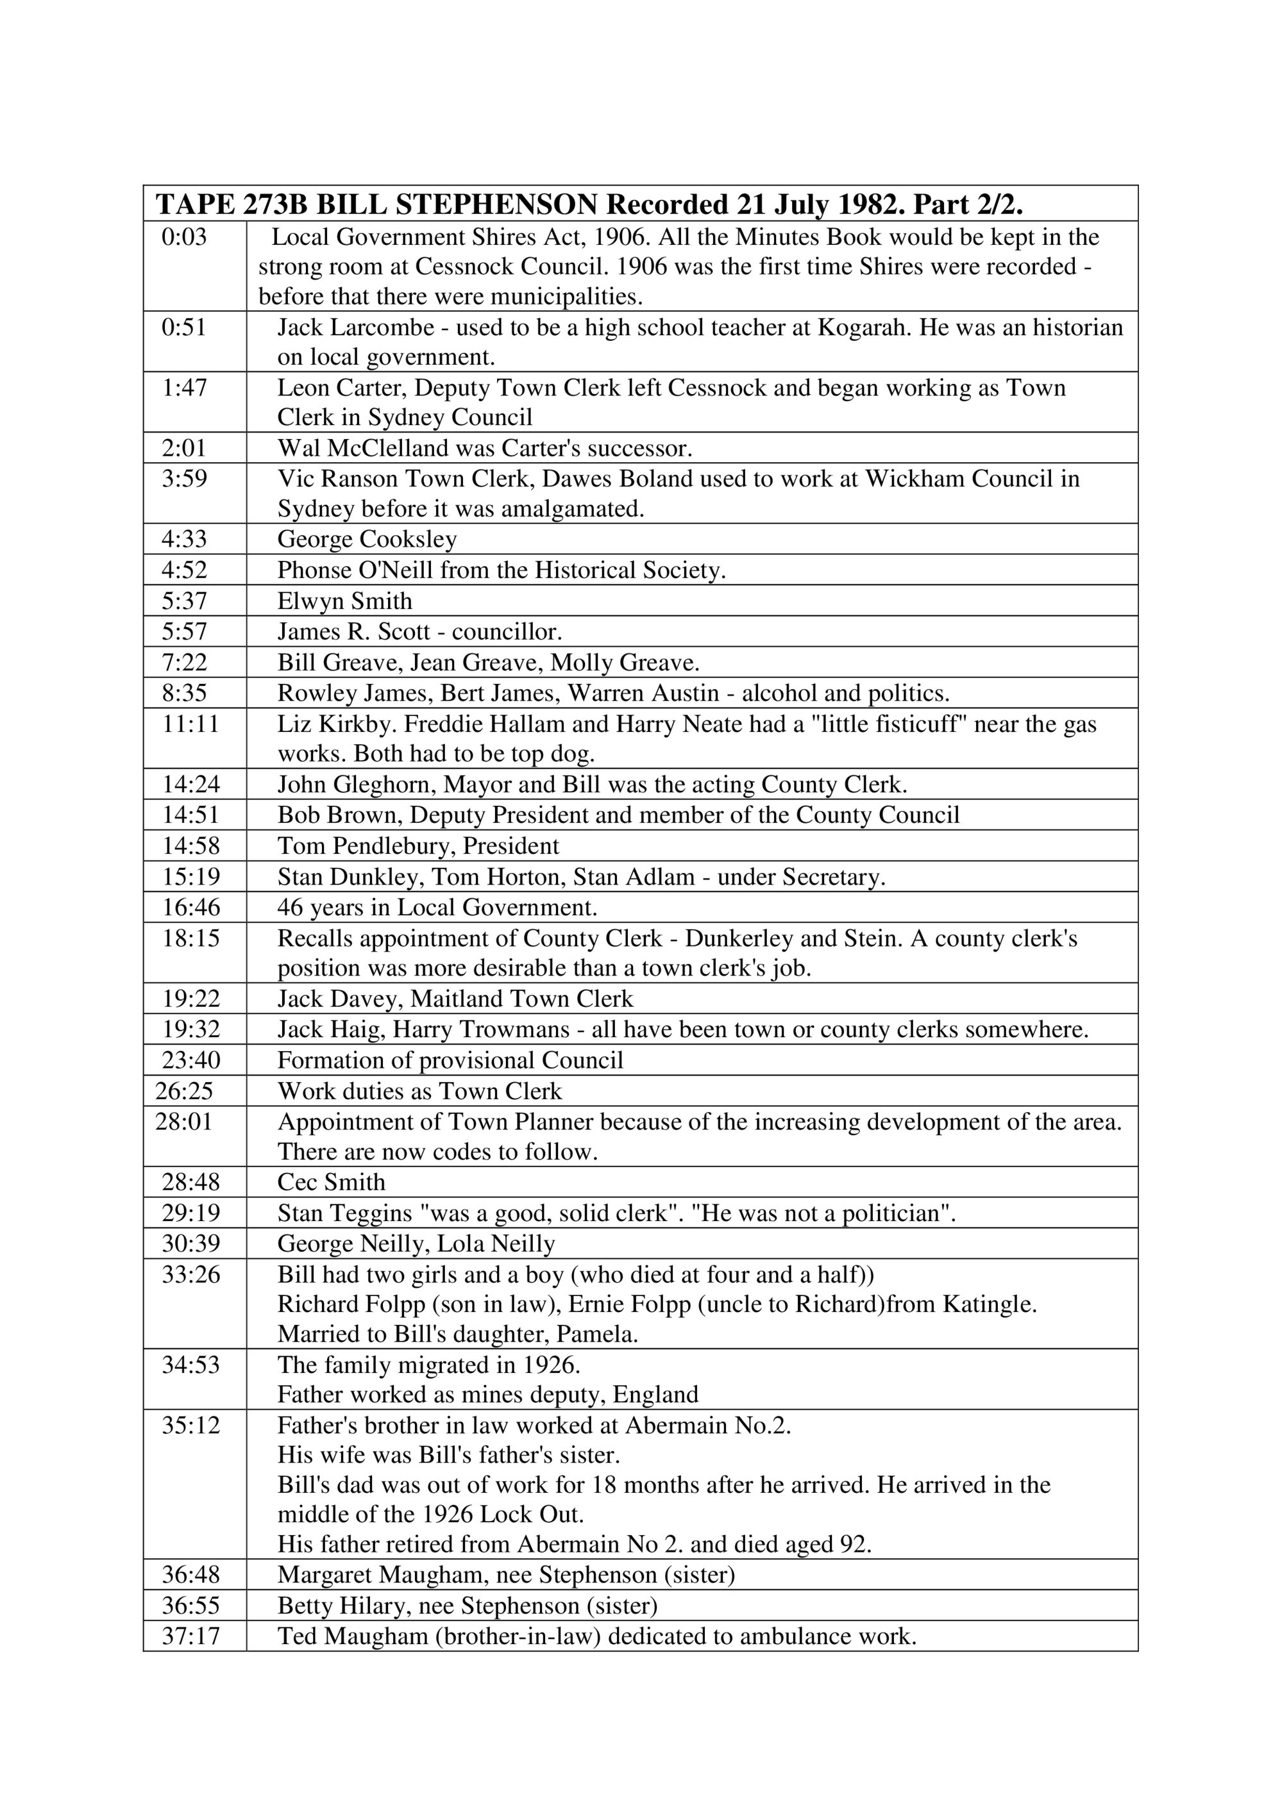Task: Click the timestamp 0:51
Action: tap(184, 327)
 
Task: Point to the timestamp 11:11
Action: tap(190, 724)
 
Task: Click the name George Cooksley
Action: tap(367, 539)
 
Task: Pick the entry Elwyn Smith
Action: tap(344, 601)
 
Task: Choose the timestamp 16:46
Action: tap(191, 908)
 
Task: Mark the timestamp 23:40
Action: tap(191, 1060)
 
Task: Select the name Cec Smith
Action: tap(332, 1182)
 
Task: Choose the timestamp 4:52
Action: tap(184, 570)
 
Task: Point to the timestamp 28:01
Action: tap(184, 1122)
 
